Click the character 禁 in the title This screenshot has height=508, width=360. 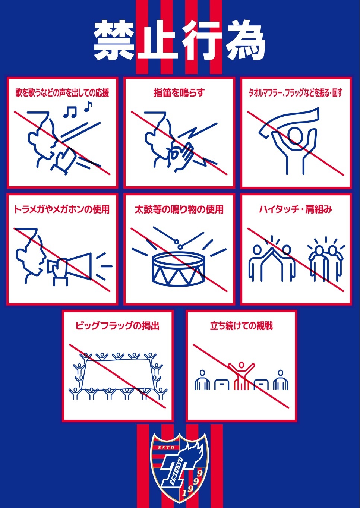pos(114,41)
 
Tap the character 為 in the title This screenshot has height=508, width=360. pos(246,41)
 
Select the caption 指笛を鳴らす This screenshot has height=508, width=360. pos(179,93)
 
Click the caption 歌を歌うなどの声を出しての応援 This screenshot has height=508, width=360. pos(62,93)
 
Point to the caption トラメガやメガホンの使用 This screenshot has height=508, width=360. pos(62,209)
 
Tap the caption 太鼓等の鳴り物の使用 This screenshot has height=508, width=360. pos(179,209)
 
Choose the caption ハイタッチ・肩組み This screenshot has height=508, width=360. pos(296,209)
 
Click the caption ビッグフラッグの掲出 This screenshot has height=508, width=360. pos(117,326)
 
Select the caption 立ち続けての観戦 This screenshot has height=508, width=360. pos(241,326)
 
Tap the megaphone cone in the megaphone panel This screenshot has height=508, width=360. pos(79,266)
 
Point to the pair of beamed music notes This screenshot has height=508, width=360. pos(70,112)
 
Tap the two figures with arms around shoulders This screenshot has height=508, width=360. pos(326,263)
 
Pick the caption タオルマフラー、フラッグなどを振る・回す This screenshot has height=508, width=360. pos(296,93)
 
